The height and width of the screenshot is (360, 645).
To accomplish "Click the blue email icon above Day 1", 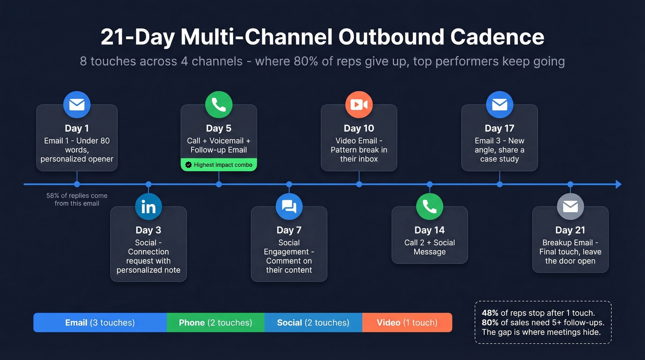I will coord(77,105).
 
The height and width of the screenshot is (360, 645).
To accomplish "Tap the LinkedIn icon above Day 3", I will coord(148,207).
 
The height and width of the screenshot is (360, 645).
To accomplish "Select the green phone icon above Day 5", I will coord(218,105).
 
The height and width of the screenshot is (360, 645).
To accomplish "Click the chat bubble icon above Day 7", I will coord(289,207).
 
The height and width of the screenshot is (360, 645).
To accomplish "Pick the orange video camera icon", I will coord(359,105).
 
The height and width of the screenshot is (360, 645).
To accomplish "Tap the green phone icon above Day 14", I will coord(429,207).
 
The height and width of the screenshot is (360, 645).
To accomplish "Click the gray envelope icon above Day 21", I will coord(570,207).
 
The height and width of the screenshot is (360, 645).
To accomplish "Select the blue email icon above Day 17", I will coord(499,105).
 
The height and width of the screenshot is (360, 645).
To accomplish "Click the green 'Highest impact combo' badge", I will coord(218,165).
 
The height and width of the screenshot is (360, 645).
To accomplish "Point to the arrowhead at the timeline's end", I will coord(618,184).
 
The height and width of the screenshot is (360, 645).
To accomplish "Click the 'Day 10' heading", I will coord(359,128).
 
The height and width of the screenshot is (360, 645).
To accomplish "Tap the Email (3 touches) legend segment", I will coord(100,323).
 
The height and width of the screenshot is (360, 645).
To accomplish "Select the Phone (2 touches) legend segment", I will coord(215,323).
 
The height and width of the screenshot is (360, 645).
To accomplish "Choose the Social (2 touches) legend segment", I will coord(313,323).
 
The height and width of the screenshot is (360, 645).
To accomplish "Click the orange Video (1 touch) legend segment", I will coord(407,323).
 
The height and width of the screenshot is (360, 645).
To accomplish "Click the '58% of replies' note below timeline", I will coord(77,199).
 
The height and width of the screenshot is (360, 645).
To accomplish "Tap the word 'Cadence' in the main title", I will coord(497,37).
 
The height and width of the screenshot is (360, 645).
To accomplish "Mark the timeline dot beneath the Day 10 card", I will coord(359,184).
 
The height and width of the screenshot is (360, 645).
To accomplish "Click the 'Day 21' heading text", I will coord(570,230).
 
